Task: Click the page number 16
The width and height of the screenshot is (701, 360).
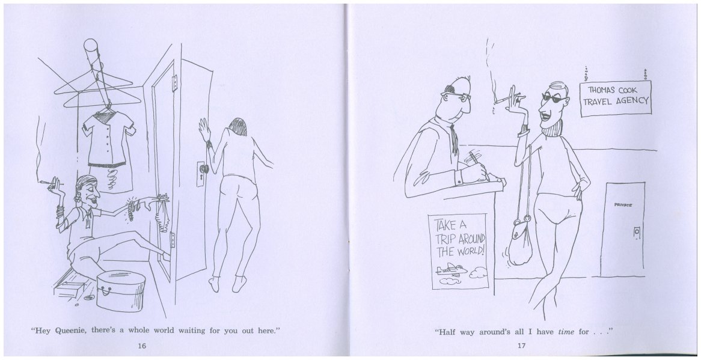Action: click(142, 345)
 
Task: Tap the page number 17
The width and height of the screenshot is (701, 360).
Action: click(521, 345)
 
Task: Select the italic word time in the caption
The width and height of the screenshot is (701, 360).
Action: click(566, 332)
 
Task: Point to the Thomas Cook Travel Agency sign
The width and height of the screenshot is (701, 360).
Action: click(616, 99)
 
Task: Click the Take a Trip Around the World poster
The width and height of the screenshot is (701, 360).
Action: click(459, 251)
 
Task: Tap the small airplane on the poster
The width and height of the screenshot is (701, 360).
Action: click(451, 269)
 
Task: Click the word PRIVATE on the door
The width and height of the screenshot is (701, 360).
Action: click(623, 205)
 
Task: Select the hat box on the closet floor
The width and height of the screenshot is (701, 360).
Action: click(121, 291)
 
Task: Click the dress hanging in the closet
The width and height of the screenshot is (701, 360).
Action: click(108, 141)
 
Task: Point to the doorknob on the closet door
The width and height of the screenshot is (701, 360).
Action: click(204, 169)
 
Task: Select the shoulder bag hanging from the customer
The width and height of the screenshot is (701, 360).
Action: click(521, 240)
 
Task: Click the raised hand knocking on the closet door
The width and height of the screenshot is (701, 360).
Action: click(205, 130)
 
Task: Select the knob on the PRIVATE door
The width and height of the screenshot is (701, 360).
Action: click(637, 232)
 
